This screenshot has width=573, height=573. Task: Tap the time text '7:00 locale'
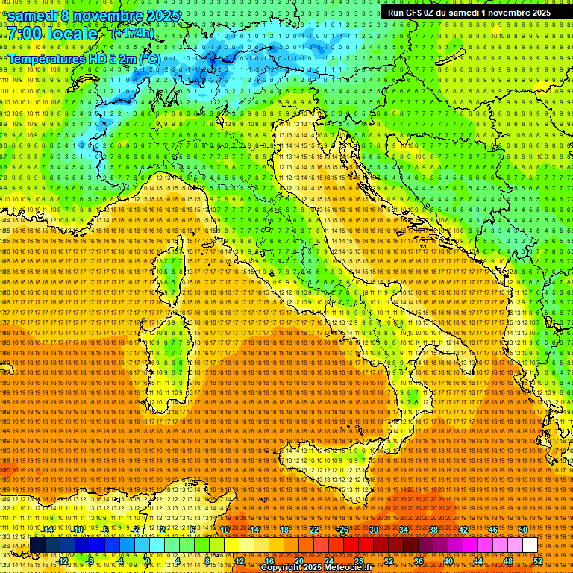[53, 34]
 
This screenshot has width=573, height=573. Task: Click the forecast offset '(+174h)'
[132, 33]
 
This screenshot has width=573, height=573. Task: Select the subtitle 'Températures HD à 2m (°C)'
[84, 58]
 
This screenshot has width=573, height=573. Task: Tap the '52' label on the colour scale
[538, 560]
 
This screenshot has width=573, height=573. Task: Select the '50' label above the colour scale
[523, 530]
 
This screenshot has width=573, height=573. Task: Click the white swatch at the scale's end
[530, 545]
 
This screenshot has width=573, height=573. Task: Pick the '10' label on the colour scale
[224, 530]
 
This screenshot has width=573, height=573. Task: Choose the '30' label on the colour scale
[373, 530]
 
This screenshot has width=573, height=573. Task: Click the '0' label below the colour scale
[148, 560]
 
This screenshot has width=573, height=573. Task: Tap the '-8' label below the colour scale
[90, 560]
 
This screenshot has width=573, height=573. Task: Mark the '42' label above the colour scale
[463, 530]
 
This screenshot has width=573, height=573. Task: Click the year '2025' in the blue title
[157, 16]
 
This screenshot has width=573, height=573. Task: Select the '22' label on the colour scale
[313, 530]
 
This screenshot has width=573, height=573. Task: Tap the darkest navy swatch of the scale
[37, 545]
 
